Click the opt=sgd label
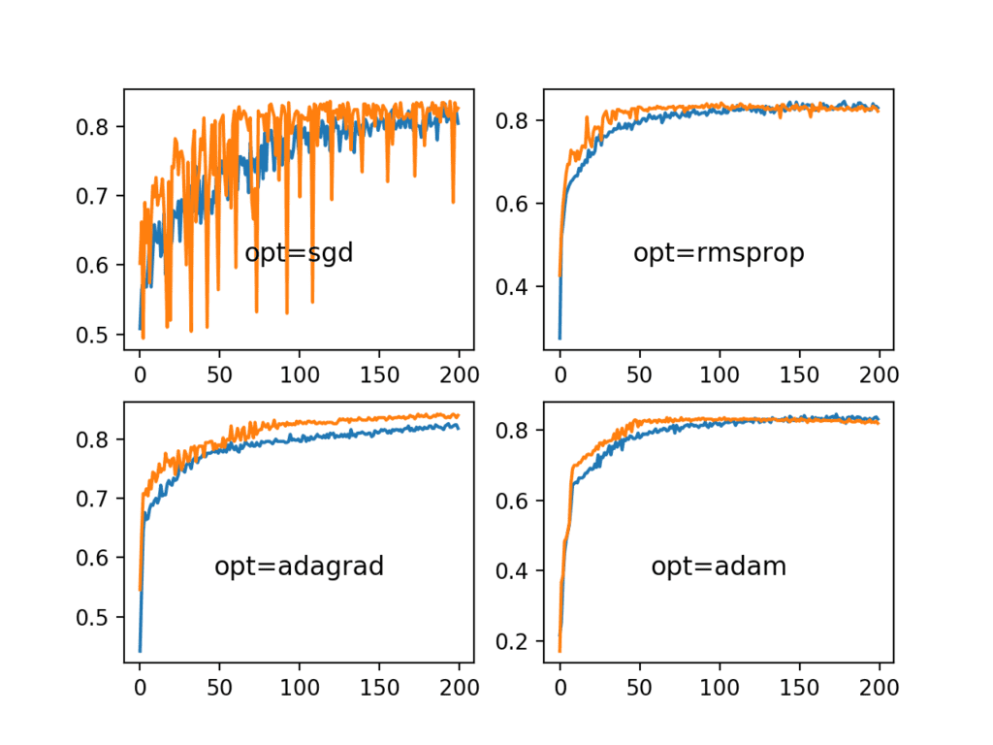(299, 254)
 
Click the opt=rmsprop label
(719, 254)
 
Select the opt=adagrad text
(299, 567)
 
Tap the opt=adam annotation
(719, 567)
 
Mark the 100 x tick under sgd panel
(299, 372)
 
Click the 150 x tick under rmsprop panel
(799, 372)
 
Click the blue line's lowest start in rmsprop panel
(560, 338)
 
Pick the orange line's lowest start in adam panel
(560, 651)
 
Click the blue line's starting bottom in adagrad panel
(140, 651)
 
